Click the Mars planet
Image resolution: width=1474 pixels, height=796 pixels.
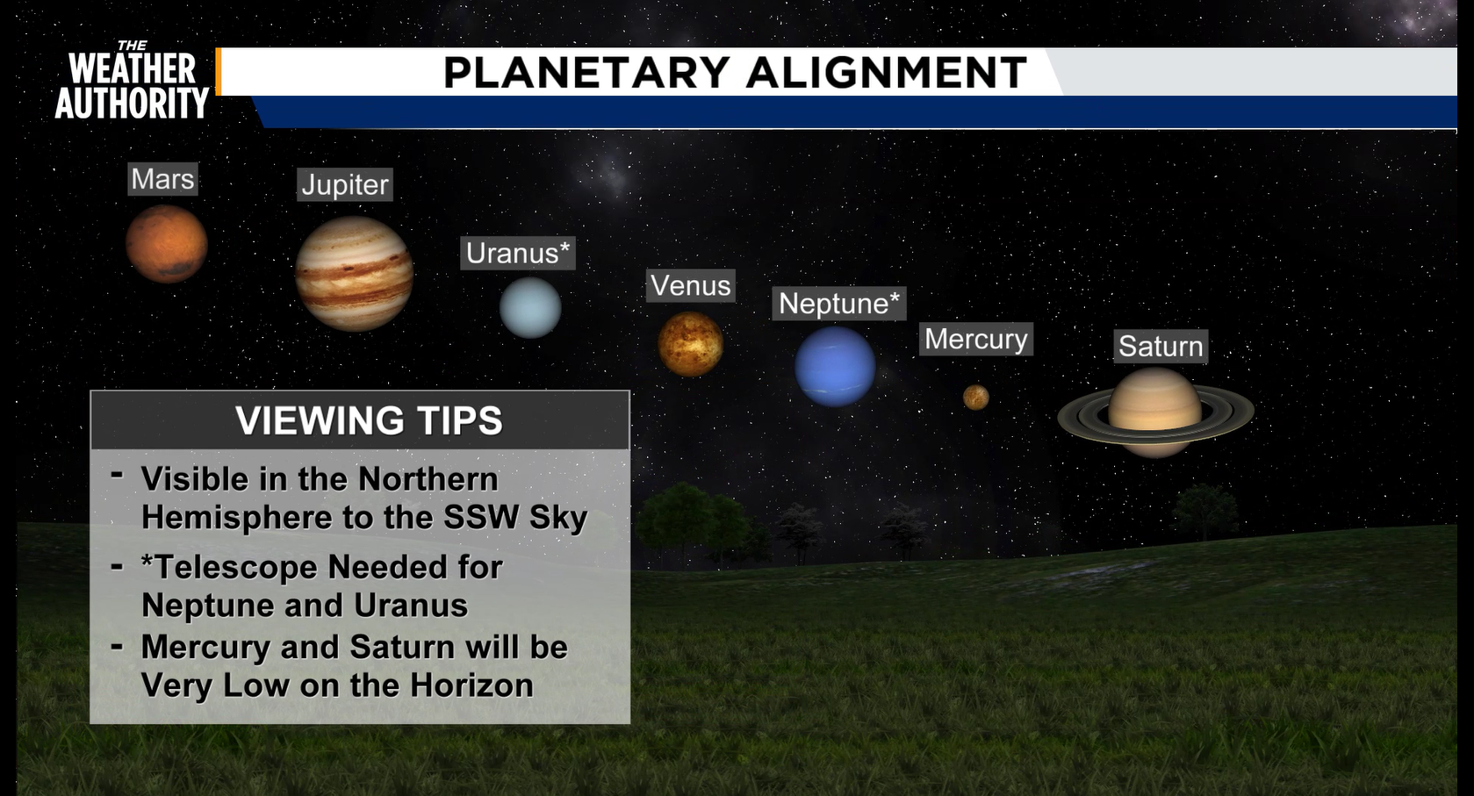pos(167,243)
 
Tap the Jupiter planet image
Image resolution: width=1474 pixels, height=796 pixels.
pos(354,274)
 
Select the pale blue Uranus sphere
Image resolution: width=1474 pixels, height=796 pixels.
pos(529,307)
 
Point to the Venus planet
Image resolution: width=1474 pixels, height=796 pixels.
pos(690,344)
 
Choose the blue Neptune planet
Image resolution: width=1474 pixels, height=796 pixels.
pos(835,367)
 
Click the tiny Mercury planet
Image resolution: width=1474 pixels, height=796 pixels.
pos(976,398)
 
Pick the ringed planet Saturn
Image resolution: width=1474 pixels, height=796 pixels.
pos(1155,412)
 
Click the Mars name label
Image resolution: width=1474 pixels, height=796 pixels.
pos(162,179)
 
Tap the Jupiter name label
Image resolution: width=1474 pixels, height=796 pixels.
pos(345,185)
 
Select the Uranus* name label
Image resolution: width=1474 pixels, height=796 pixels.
pos(518,254)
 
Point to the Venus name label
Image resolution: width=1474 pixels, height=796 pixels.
pos(690,285)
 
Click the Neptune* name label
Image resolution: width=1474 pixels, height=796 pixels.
pos(839,304)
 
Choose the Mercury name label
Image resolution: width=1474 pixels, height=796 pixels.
pos(976,340)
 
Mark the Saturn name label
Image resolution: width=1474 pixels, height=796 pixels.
pos(1161,346)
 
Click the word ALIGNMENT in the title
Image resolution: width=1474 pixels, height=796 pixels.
pos(887,72)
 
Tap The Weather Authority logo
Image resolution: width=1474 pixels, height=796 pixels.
pos(133,80)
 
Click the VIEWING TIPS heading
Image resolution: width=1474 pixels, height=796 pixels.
pos(369,420)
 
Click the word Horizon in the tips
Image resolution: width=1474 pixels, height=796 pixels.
pos(471,685)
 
